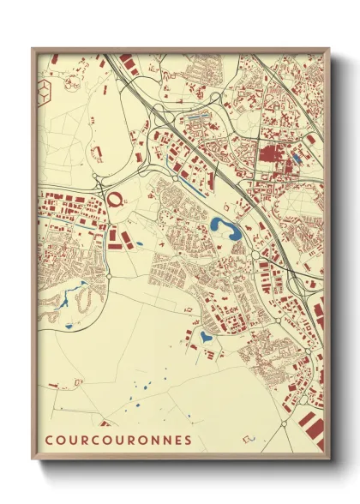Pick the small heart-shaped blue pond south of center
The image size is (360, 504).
coord(205,337)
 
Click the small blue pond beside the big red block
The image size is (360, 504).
coord(297,157)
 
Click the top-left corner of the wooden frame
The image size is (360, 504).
coord(33,50)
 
